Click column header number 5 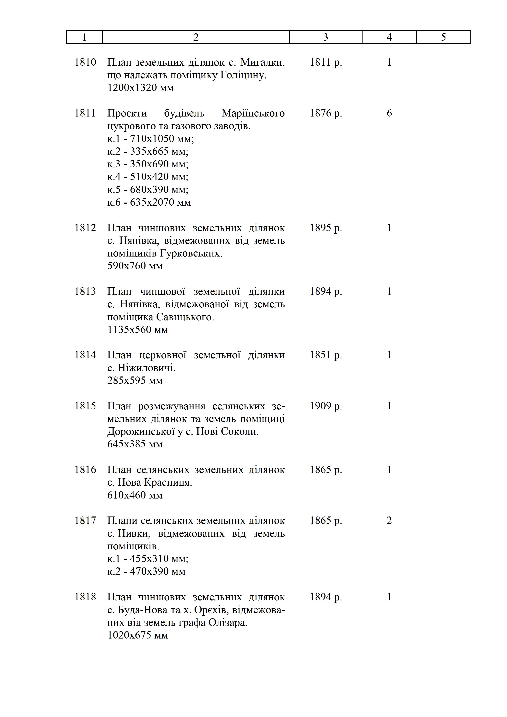coord(443,37)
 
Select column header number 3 coord(326,37)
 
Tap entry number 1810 coord(85,63)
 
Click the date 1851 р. coord(326,355)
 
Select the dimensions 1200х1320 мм coord(140,88)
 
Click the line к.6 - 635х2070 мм coord(149,202)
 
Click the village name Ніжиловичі coord(147,368)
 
